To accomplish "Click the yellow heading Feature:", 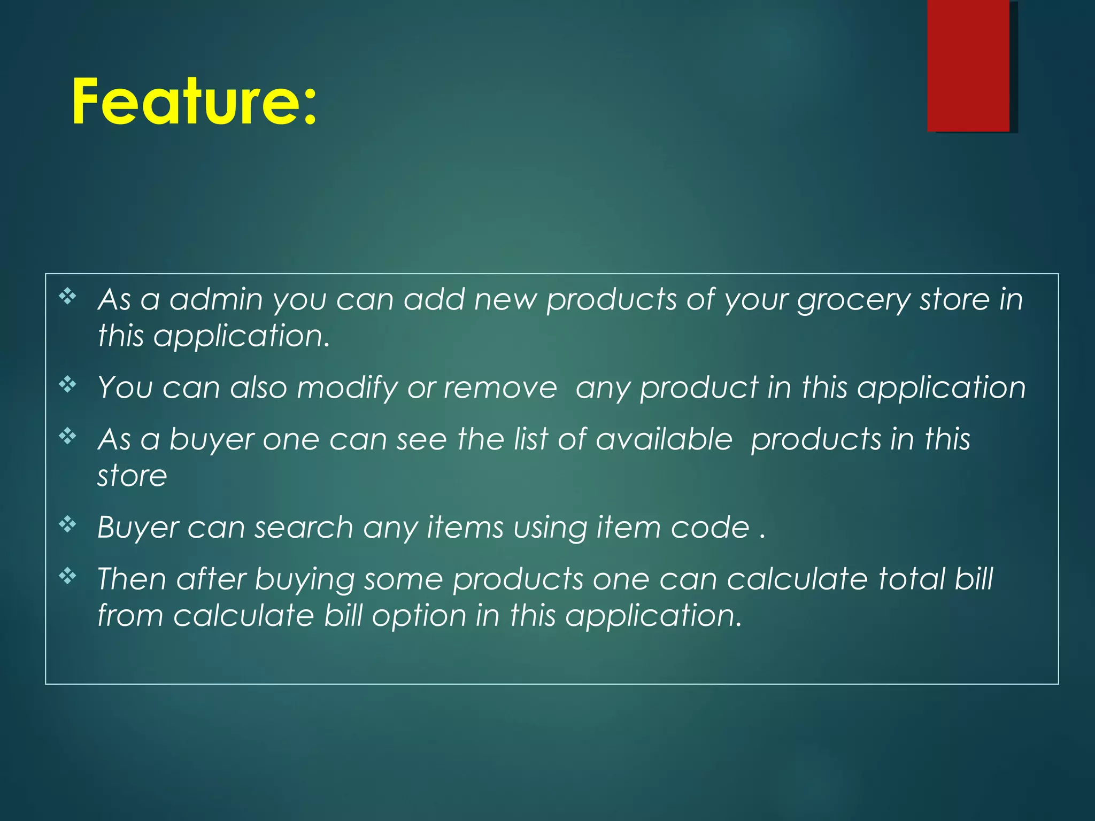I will [x=195, y=102].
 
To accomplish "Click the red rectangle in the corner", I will [x=968, y=65].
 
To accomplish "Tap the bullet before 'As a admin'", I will [x=68, y=296].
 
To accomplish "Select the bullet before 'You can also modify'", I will [x=68, y=384].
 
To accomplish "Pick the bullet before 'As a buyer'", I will [x=68, y=437].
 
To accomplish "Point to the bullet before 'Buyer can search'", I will [x=68, y=525].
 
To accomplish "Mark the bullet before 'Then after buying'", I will [x=68, y=576].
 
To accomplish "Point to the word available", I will [x=664, y=439].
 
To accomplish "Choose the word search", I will [x=303, y=528].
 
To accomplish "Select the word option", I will [x=419, y=616].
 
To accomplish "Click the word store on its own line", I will [x=132, y=476].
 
